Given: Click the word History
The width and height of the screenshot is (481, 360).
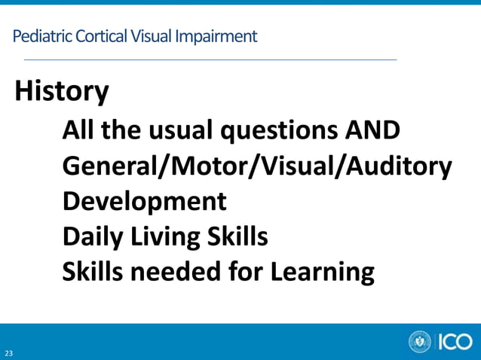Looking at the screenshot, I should tap(62, 93).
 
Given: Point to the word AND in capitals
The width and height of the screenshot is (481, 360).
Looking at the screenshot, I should tap(372, 131).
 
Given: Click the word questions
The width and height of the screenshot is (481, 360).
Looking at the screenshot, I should tap(279, 133).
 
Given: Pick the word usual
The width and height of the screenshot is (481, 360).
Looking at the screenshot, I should tap(179, 131).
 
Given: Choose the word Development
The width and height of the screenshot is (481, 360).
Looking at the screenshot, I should tap(144, 202).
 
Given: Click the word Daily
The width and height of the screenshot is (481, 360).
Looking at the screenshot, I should tap(89, 237).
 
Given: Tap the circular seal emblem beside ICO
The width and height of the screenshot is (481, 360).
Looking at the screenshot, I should tap(420, 342).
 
